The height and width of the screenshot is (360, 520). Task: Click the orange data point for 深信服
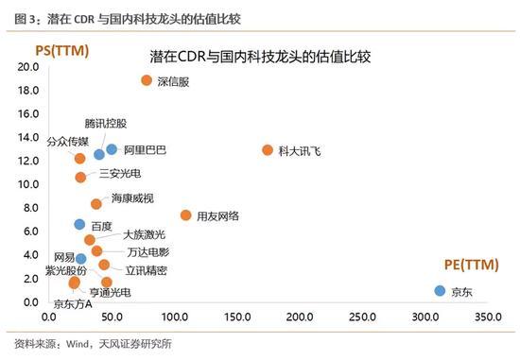pyautogui.click(x=147, y=80)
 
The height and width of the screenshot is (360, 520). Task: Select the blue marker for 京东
pyautogui.click(x=440, y=291)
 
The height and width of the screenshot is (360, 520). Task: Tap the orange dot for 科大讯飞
pyautogui.click(x=268, y=150)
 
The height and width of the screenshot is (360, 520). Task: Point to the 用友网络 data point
pyautogui.click(x=185, y=215)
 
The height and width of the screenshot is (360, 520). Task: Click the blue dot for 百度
pyautogui.click(x=80, y=225)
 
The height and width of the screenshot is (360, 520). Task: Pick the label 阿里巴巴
pyautogui.click(x=145, y=149)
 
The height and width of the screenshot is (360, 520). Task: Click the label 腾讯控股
pyautogui.click(x=105, y=124)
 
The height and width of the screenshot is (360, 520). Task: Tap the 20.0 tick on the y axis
pyautogui.click(x=27, y=68)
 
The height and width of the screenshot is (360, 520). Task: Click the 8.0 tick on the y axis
pyautogui.click(x=30, y=208)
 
